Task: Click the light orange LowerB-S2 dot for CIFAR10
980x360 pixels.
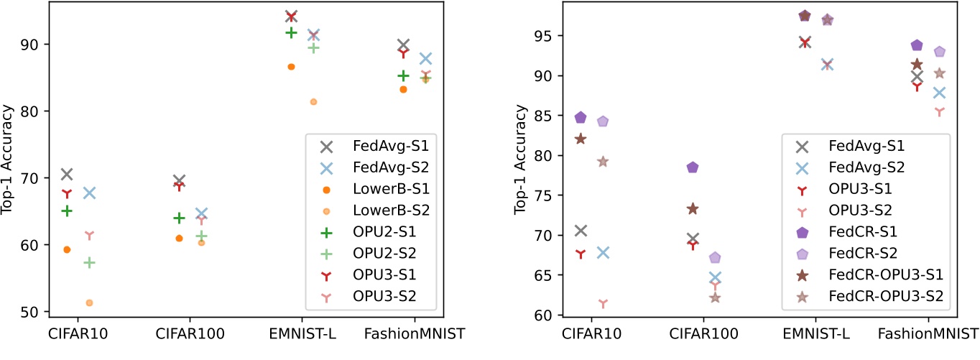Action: click(x=89, y=303)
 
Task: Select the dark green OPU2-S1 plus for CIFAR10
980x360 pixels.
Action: click(x=67, y=211)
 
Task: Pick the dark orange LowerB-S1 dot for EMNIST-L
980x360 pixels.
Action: click(x=291, y=67)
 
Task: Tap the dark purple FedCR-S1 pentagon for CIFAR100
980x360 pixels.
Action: click(x=693, y=167)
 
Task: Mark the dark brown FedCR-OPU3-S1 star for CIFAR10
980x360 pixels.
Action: click(x=581, y=139)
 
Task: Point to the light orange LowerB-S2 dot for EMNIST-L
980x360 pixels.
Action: click(x=313, y=102)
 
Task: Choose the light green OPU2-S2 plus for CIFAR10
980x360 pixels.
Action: click(x=89, y=263)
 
